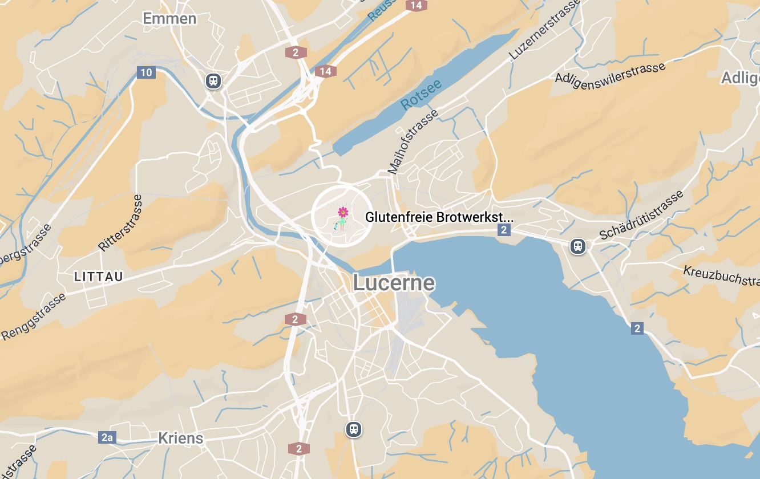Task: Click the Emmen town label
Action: [x=169, y=18]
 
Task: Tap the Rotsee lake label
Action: [x=421, y=95]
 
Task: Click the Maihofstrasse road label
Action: [x=413, y=141]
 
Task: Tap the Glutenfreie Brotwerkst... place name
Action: [x=439, y=217]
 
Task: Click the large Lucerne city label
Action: [x=394, y=283]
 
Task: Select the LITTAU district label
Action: [x=99, y=277]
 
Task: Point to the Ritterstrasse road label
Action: [x=120, y=223]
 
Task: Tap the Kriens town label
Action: [x=180, y=438]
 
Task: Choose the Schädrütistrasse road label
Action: [x=641, y=216]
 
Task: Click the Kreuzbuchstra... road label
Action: [x=721, y=275]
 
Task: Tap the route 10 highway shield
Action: [x=146, y=72]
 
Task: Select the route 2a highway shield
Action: [x=107, y=437]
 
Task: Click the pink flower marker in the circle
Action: [x=342, y=213]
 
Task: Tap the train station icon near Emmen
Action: [x=213, y=81]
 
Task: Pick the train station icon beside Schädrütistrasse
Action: [x=578, y=246]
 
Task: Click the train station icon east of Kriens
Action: [x=354, y=429]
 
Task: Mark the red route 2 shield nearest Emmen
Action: [x=296, y=52]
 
